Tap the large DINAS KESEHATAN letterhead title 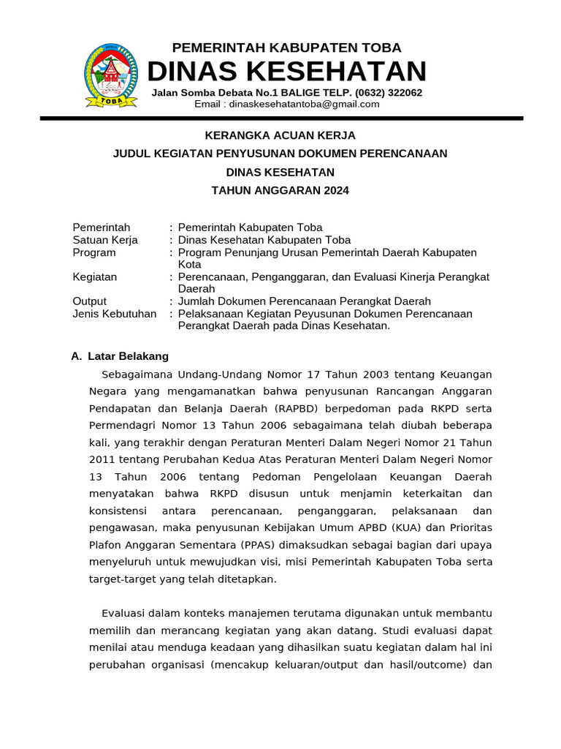[x=286, y=72]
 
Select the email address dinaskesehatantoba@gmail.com [x=304, y=104]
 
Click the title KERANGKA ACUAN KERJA [x=280, y=135]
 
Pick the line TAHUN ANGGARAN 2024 [x=280, y=190]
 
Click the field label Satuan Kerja [x=105, y=240]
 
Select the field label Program [x=94, y=252]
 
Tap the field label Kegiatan [x=95, y=276]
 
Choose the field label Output [x=90, y=301]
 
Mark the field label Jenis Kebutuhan [x=115, y=314]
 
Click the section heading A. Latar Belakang [x=120, y=356]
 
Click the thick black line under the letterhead [x=281, y=118]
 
